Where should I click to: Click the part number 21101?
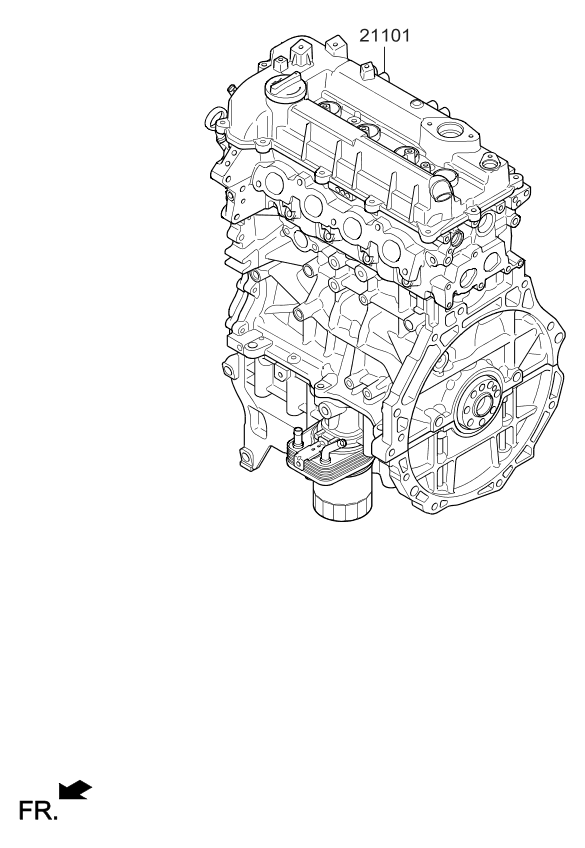(x=385, y=36)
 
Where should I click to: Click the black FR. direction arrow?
(x=75, y=789)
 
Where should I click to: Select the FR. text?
(x=38, y=811)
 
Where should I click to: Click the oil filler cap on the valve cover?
(x=285, y=89)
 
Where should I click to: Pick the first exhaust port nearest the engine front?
(x=274, y=185)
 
